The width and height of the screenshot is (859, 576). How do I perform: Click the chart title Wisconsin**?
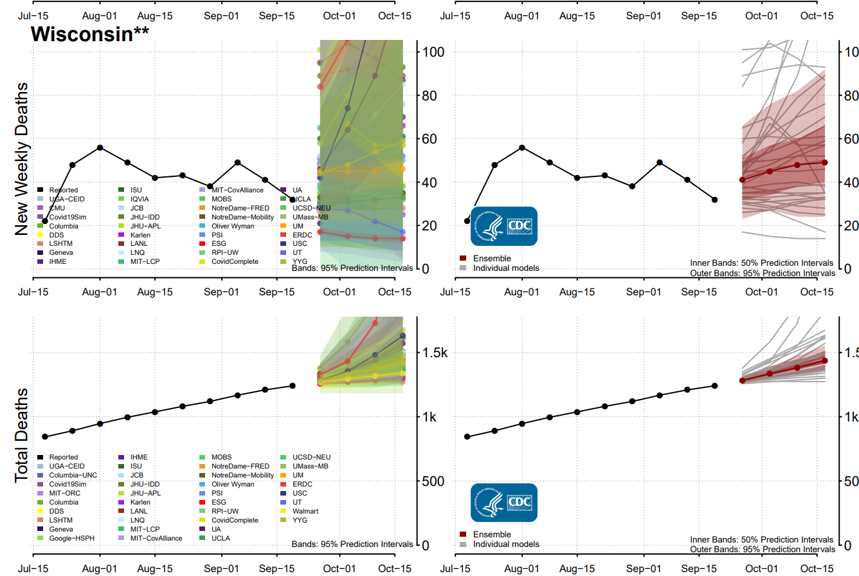tap(90, 34)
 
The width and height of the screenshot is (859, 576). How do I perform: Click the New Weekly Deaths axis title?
tap(21, 158)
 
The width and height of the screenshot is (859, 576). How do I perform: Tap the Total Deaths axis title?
tap(21, 434)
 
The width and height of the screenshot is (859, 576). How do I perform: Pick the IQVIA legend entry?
tap(141, 200)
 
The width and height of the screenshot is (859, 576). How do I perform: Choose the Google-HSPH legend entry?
tap(71, 537)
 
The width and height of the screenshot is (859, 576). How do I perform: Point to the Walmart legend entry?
tap(306, 510)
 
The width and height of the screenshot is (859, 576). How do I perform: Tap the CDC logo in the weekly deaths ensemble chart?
tap(503, 227)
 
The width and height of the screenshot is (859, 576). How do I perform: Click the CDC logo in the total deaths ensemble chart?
tap(503, 503)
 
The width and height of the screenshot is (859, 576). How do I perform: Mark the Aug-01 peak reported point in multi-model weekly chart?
tap(100, 147)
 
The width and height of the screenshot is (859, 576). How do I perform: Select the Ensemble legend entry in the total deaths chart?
tap(492, 534)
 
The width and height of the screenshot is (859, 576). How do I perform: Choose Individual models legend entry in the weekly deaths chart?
tap(506, 268)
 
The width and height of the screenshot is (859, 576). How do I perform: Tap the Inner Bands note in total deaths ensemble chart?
tap(761, 539)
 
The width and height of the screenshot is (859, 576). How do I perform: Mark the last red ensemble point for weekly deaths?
tap(825, 162)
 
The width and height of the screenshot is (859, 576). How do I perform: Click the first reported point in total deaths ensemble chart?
tap(467, 437)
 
